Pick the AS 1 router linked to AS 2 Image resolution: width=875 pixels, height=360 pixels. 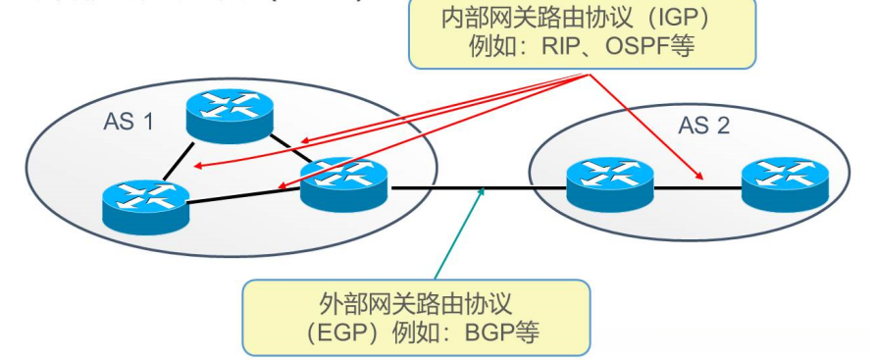[x=343, y=182]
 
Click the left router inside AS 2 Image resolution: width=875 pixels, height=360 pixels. [x=609, y=182]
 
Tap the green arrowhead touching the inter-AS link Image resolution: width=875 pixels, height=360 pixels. [x=482, y=193]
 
